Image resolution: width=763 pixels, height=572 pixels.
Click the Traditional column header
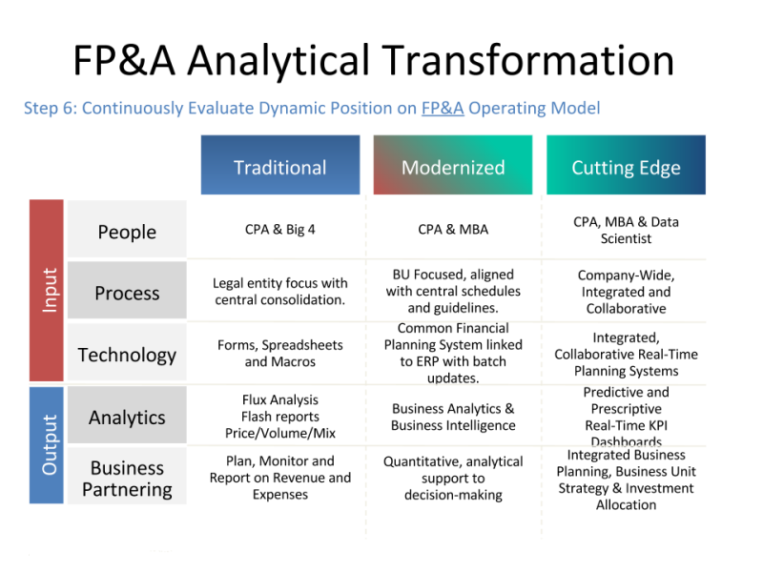click(x=280, y=165)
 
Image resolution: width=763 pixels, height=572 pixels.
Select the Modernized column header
click(x=453, y=165)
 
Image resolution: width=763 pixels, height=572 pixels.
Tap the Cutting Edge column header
click(x=626, y=165)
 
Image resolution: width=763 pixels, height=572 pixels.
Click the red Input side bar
click(x=47, y=291)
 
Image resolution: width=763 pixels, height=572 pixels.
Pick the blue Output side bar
click(x=47, y=445)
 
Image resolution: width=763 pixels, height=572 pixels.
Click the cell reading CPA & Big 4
click(x=280, y=229)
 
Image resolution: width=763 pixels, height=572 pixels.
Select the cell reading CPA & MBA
click(x=453, y=229)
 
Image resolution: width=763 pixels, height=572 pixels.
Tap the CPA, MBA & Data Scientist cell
click(x=626, y=230)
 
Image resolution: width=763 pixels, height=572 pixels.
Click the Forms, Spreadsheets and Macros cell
click(x=280, y=353)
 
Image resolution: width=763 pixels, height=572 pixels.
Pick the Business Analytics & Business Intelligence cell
click(x=453, y=417)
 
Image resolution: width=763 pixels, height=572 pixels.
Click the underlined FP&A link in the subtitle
click(x=443, y=108)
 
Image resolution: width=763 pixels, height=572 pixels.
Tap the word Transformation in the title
click(x=528, y=60)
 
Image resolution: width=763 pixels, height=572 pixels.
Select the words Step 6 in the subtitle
click(x=51, y=108)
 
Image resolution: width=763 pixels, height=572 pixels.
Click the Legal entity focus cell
click(x=280, y=292)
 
